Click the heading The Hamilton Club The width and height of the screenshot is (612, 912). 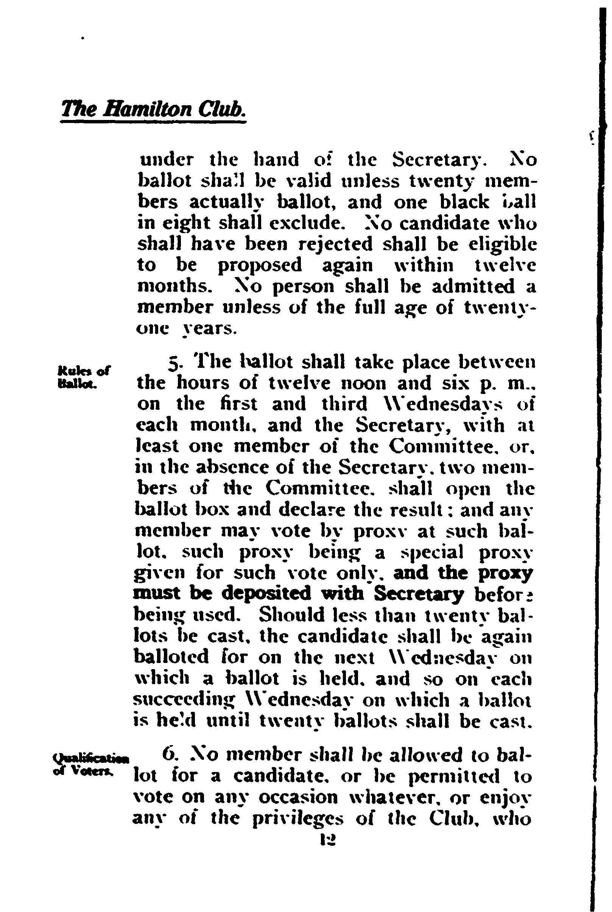pyautogui.click(x=153, y=109)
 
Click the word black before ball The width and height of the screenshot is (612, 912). pyautogui.click(x=464, y=202)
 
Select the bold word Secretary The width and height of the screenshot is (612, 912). pyautogui.click(x=419, y=594)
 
